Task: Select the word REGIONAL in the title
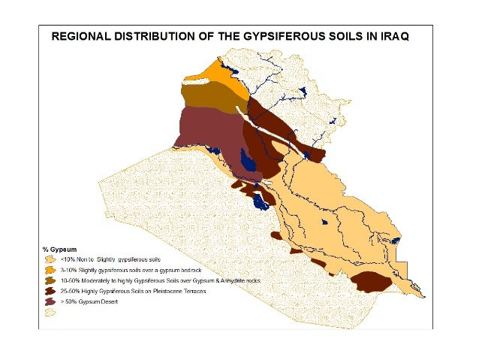(x=80, y=35)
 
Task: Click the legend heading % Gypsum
(x=60, y=248)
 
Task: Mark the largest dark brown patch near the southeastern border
(x=369, y=281)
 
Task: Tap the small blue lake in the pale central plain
(x=324, y=222)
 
